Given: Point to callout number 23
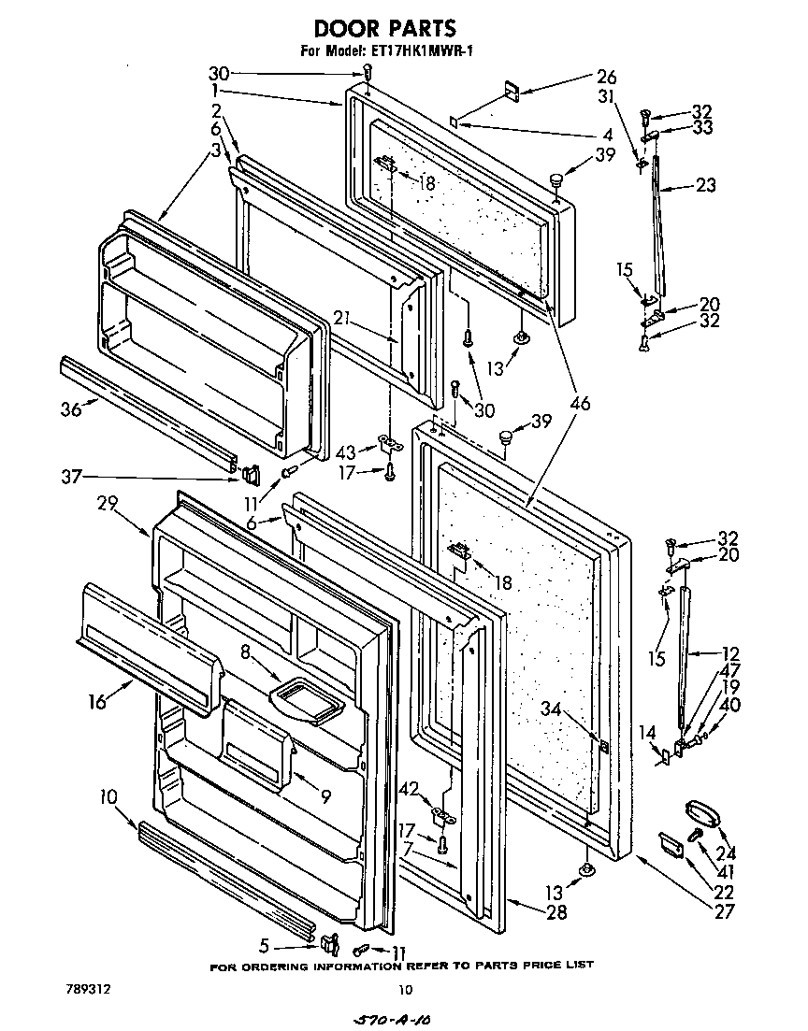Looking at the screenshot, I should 705,186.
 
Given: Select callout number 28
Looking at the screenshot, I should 556,912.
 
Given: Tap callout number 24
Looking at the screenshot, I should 726,852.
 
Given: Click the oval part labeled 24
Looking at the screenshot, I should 700,810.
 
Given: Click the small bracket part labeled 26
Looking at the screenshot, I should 512,91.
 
